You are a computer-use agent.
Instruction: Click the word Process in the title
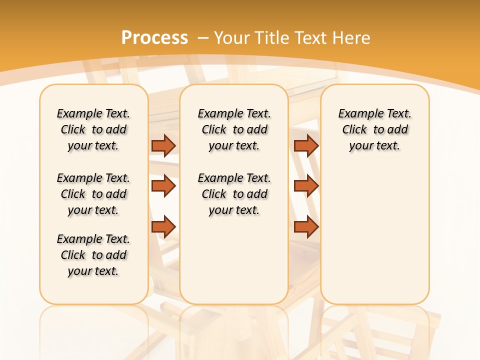click(x=154, y=38)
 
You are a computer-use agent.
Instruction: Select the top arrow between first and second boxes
click(x=163, y=145)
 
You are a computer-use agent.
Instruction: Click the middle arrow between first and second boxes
click(x=163, y=186)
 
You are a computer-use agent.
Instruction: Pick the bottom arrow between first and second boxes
click(x=163, y=226)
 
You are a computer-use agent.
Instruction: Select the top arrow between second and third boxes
click(x=306, y=145)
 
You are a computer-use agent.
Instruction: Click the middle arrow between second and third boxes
click(x=306, y=186)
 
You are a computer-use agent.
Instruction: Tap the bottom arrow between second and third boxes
click(x=306, y=226)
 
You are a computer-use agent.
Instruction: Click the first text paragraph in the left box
click(x=93, y=129)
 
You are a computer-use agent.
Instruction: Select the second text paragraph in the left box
click(x=93, y=194)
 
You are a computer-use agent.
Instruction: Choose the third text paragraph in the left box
click(x=93, y=255)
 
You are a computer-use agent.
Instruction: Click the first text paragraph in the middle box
click(x=234, y=129)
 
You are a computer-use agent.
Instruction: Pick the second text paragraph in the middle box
click(x=234, y=194)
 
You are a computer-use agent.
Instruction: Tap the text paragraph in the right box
click(x=374, y=129)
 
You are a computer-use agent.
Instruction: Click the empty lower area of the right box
click(x=374, y=240)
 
